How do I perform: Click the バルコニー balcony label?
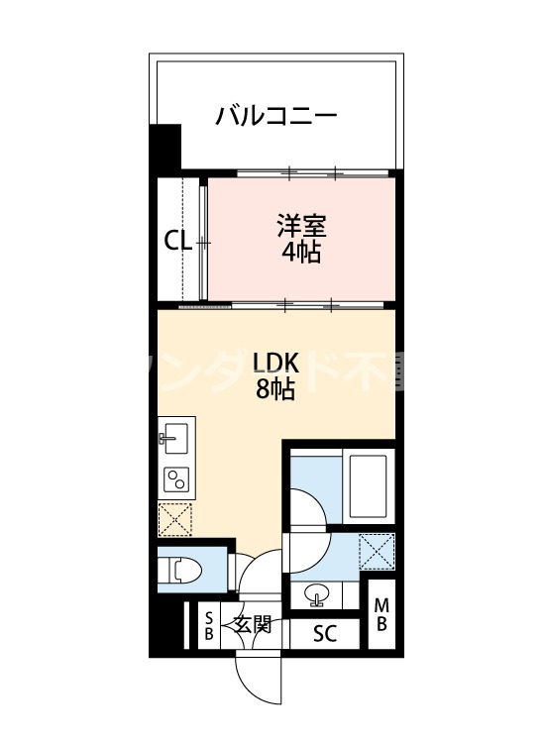pyautogui.click(x=276, y=117)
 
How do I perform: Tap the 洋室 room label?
pyautogui.click(x=300, y=224)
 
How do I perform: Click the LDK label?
pyautogui.click(x=275, y=362)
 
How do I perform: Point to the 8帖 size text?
pyautogui.click(x=275, y=389)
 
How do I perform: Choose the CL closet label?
pyautogui.click(x=177, y=241)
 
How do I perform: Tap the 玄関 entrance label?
pyautogui.click(x=253, y=624)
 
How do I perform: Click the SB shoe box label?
pyautogui.click(x=209, y=625)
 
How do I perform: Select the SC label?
pyautogui.click(x=324, y=634)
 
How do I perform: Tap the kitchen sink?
pyautogui.click(x=177, y=436)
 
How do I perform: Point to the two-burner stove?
pyautogui.click(x=177, y=479)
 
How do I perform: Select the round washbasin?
pyautogui.click(x=318, y=596)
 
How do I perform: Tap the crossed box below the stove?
pyautogui.click(x=176, y=517)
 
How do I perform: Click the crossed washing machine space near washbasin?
pyautogui.click(x=377, y=550)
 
